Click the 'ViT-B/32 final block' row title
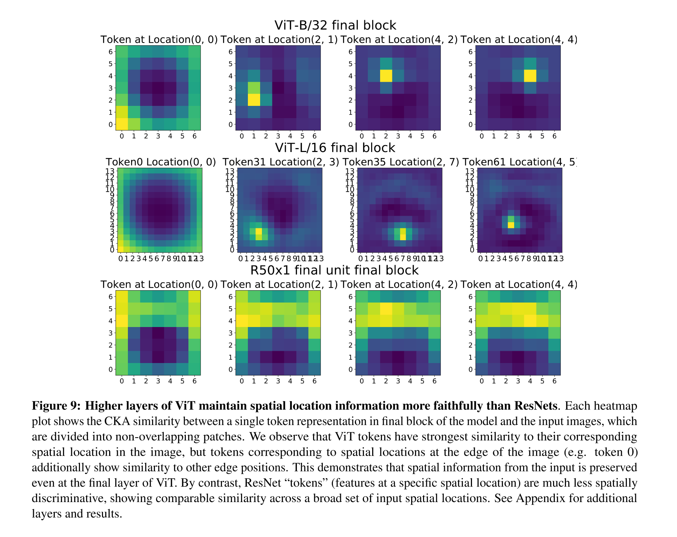click(x=335, y=25)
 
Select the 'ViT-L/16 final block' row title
click(x=335, y=148)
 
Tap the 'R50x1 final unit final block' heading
click(x=334, y=270)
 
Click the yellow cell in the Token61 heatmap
click(x=511, y=225)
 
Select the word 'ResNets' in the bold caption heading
click(x=535, y=406)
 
